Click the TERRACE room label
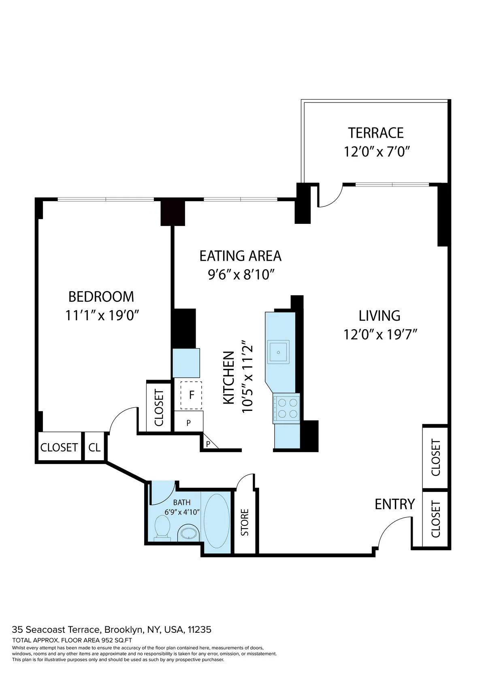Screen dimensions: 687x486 pos(376,133)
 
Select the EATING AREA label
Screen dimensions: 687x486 pos(240,256)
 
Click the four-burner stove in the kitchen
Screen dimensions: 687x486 pos(287,408)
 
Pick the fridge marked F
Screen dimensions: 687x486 pos(191,395)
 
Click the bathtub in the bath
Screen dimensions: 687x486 pos(217,521)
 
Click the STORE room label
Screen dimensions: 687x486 pos(245,522)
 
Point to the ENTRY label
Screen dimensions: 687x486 pos(394,504)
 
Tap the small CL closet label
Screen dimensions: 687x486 pos(94,447)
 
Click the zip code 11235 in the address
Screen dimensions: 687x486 pos(199,630)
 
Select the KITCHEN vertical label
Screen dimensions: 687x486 pos(229,377)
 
